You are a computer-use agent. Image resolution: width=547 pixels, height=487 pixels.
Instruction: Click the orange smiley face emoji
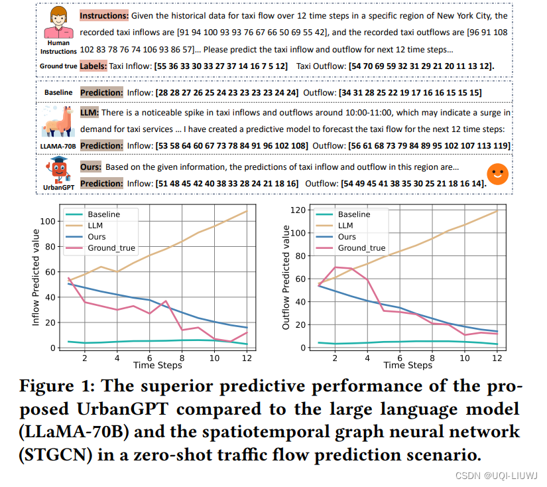(498, 174)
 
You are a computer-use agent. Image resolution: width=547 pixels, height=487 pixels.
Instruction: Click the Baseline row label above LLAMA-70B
(58, 92)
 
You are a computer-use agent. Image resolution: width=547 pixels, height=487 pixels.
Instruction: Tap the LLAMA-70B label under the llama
(58, 145)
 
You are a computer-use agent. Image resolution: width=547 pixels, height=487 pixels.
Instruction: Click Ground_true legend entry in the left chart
(112, 248)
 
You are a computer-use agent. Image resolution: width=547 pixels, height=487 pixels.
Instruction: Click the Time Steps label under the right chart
(408, 366)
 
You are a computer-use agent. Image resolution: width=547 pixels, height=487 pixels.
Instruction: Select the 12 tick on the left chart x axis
(247, 358)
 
